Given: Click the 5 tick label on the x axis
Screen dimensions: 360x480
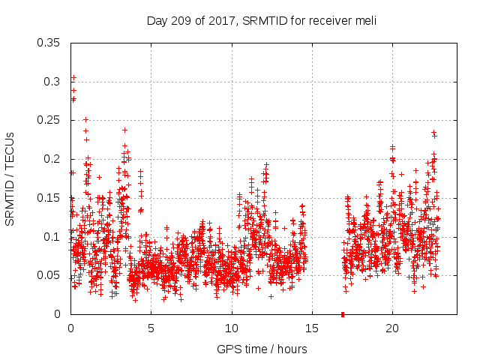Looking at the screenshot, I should (151, 328).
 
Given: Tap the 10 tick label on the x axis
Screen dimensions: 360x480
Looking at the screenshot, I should (232, 328).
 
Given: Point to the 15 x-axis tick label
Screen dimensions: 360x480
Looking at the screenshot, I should (312, 328).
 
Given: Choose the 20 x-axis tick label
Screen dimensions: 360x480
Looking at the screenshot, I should (392, 328).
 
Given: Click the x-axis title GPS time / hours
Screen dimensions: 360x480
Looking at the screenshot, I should (262, 349).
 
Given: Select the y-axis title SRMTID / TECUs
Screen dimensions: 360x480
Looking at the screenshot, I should (10, 178).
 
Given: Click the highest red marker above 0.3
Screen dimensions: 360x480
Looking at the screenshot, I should (73, 77).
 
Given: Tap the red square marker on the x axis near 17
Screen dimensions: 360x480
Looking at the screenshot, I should (343, 313).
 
